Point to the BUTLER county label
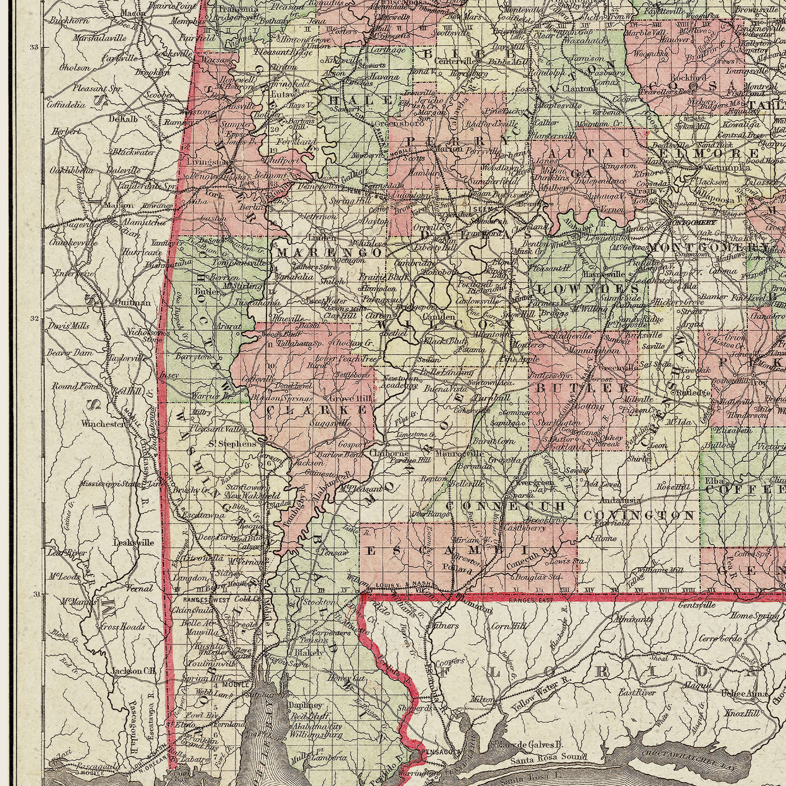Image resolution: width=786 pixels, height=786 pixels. tap(583, 388)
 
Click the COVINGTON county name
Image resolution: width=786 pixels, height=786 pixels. tap(639, 515)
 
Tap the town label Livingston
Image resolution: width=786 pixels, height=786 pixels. tap(207, 162)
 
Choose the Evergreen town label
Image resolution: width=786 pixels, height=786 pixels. tap(534, 482)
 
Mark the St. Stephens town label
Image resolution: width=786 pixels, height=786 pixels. tap(232, 444)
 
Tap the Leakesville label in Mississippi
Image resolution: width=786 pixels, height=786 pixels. tap(133, 542)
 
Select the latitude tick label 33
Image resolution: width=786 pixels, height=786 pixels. tap(34, 48)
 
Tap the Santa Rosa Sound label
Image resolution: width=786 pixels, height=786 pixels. tap(550, 757)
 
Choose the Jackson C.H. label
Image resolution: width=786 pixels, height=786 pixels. tap(133, 671)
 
